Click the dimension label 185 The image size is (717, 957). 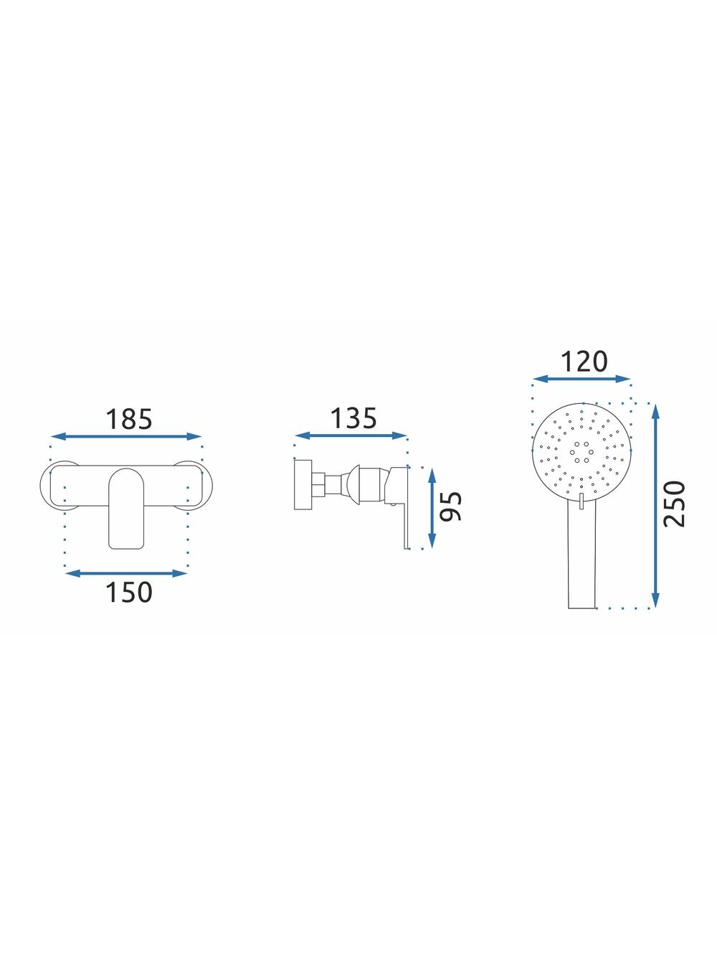(x=129, y=419)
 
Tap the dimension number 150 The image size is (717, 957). (x=129, y=593)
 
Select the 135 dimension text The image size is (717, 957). (x=353, y=418)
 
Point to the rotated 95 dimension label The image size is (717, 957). (x=451, y=506)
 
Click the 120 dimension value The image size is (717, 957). (x=583, y=362)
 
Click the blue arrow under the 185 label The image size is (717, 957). (x=126, y=436)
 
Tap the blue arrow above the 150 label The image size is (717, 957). (x=126, y=573)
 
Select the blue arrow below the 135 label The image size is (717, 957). (x=351, y=435)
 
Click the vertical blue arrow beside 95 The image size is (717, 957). (x=432, y=508)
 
